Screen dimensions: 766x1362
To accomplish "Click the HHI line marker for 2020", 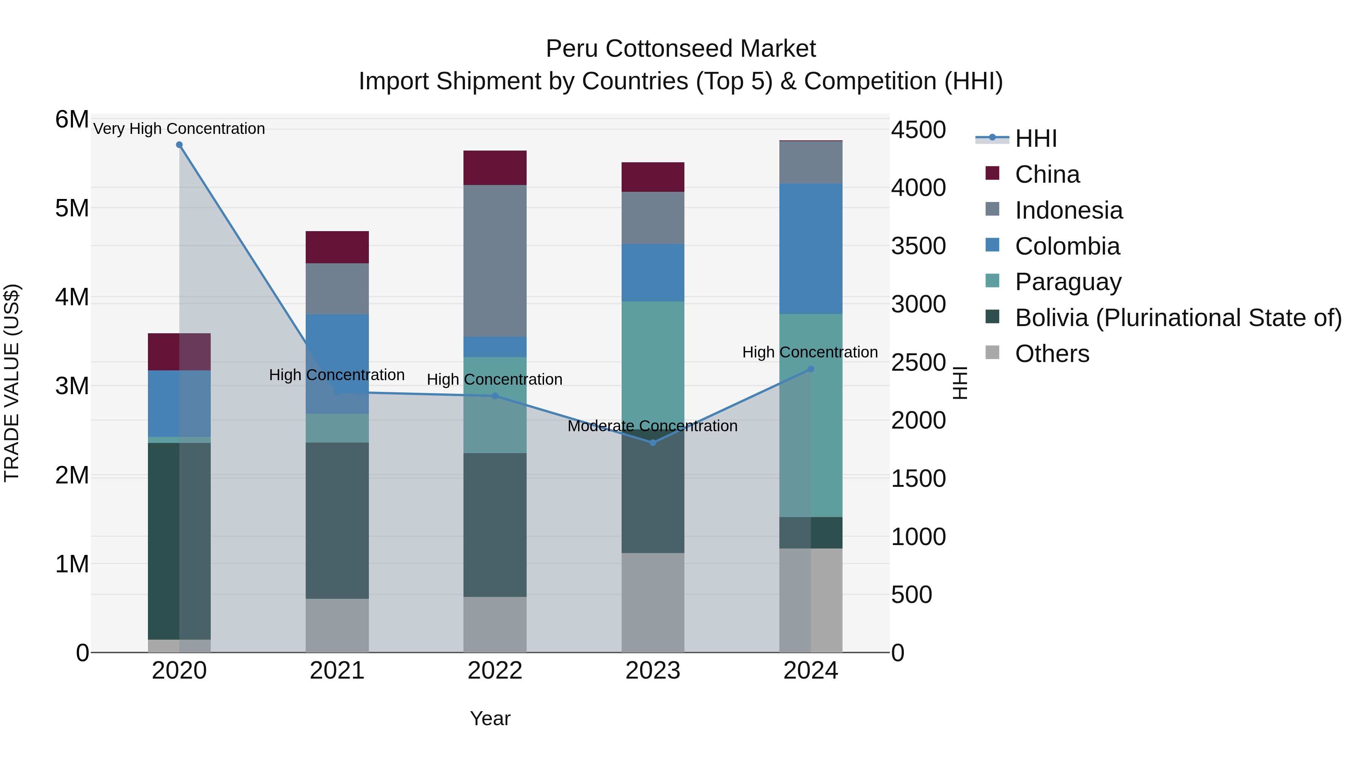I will click(x=179, y=145).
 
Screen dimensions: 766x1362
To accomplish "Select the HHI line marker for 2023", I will click(x=653, y=443).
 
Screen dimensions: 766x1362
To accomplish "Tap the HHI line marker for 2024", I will click(x=810, y=369).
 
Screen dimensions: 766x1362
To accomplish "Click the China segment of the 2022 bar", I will click(x=495, y=168).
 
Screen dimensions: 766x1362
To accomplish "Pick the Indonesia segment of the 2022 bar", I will click(x=495, y=261).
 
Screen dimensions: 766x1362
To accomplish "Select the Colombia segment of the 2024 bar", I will click(x=810, y=249).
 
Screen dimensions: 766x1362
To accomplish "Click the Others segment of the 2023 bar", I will click(x=653, y=602).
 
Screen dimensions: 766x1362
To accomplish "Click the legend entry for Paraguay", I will click(x=1068, y=282).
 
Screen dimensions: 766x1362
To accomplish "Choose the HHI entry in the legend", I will click(x=1035, y=138).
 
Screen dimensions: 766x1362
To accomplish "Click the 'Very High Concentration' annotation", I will click(x=179, y=129).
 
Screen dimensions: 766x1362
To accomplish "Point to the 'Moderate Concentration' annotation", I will click(x=653, y=426).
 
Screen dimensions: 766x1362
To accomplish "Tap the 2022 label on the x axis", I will click(x=495, y=670).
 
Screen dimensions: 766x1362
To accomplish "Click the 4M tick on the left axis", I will click(x=72, y=297).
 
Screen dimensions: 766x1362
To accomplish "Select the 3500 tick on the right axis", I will click(x=918, y=246).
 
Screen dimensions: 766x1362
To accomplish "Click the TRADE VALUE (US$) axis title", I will click(x=12, y=383).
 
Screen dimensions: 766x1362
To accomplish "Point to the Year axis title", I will click(x=490, y=718).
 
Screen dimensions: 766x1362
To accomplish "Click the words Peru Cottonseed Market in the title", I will click(x=681, y=49).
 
